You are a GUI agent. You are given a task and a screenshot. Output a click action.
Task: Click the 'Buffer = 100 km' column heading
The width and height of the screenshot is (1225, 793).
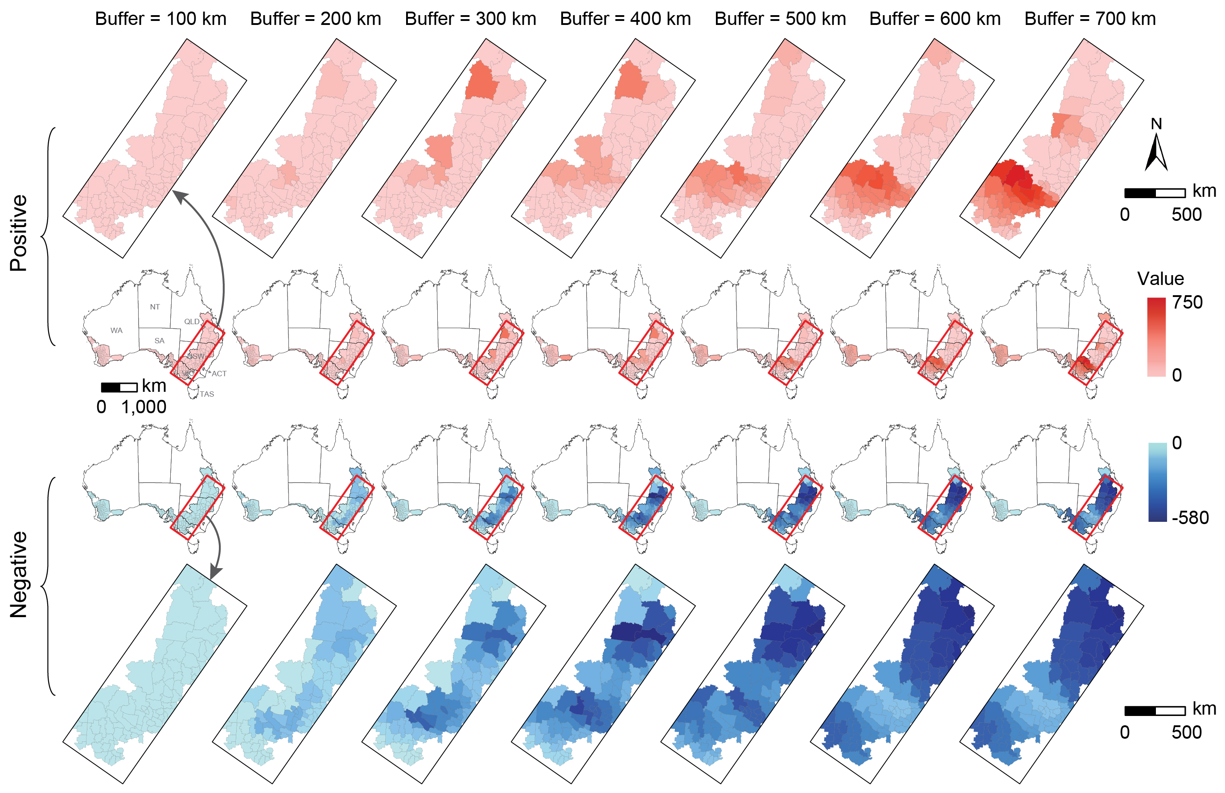point(160,19)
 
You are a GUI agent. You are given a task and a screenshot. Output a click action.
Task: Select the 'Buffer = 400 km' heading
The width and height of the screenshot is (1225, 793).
point(625,19)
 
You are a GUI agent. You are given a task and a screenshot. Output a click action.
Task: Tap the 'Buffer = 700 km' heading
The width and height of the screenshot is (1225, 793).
point(1090,19)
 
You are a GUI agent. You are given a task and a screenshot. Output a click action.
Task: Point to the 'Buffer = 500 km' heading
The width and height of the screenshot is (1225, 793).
point(780,19)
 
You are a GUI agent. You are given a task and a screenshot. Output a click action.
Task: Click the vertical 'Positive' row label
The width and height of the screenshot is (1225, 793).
point(19,233)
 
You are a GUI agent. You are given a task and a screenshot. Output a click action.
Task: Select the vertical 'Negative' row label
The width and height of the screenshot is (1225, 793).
point(19,574)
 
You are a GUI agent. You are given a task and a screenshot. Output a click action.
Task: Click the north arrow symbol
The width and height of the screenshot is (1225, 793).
point(1156,151)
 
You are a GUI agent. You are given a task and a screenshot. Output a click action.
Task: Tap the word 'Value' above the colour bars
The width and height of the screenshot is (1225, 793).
point(1161,279)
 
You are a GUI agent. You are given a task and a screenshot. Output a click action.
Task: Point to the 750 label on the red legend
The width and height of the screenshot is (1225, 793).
point(1188,302)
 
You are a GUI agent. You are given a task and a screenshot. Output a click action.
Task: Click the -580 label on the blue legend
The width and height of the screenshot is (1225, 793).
point(1190,517)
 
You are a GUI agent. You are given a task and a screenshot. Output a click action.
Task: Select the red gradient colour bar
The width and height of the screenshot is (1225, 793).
point(1156,337)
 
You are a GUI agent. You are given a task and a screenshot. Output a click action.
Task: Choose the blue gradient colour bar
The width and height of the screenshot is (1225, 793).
point(1158,482)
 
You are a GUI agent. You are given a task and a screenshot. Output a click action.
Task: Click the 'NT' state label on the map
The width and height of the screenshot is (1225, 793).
point(155,307)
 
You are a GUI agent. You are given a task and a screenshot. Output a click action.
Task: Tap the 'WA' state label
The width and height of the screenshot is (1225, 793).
point(116,330)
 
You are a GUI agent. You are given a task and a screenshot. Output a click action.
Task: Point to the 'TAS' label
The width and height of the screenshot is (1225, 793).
point(207,394)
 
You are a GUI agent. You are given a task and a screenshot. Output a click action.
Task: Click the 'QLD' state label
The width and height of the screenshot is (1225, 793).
point(192,321)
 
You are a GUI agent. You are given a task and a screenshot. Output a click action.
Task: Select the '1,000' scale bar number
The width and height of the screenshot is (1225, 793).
point(144,407)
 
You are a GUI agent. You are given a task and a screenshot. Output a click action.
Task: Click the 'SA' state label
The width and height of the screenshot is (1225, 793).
point(160,341)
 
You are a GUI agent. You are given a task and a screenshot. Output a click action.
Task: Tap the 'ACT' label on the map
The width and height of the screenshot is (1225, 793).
point(219,374)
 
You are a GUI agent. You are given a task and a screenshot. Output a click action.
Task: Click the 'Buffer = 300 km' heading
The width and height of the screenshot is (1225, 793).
point(470,19)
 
